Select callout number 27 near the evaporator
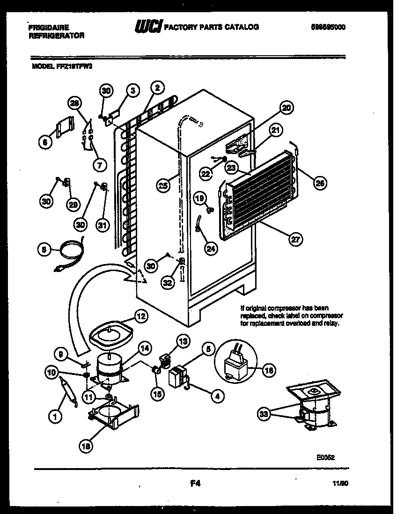295,240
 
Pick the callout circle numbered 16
268,370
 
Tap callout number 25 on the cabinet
163,185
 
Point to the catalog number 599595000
328,27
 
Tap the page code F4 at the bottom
196,485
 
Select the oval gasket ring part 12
111,331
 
